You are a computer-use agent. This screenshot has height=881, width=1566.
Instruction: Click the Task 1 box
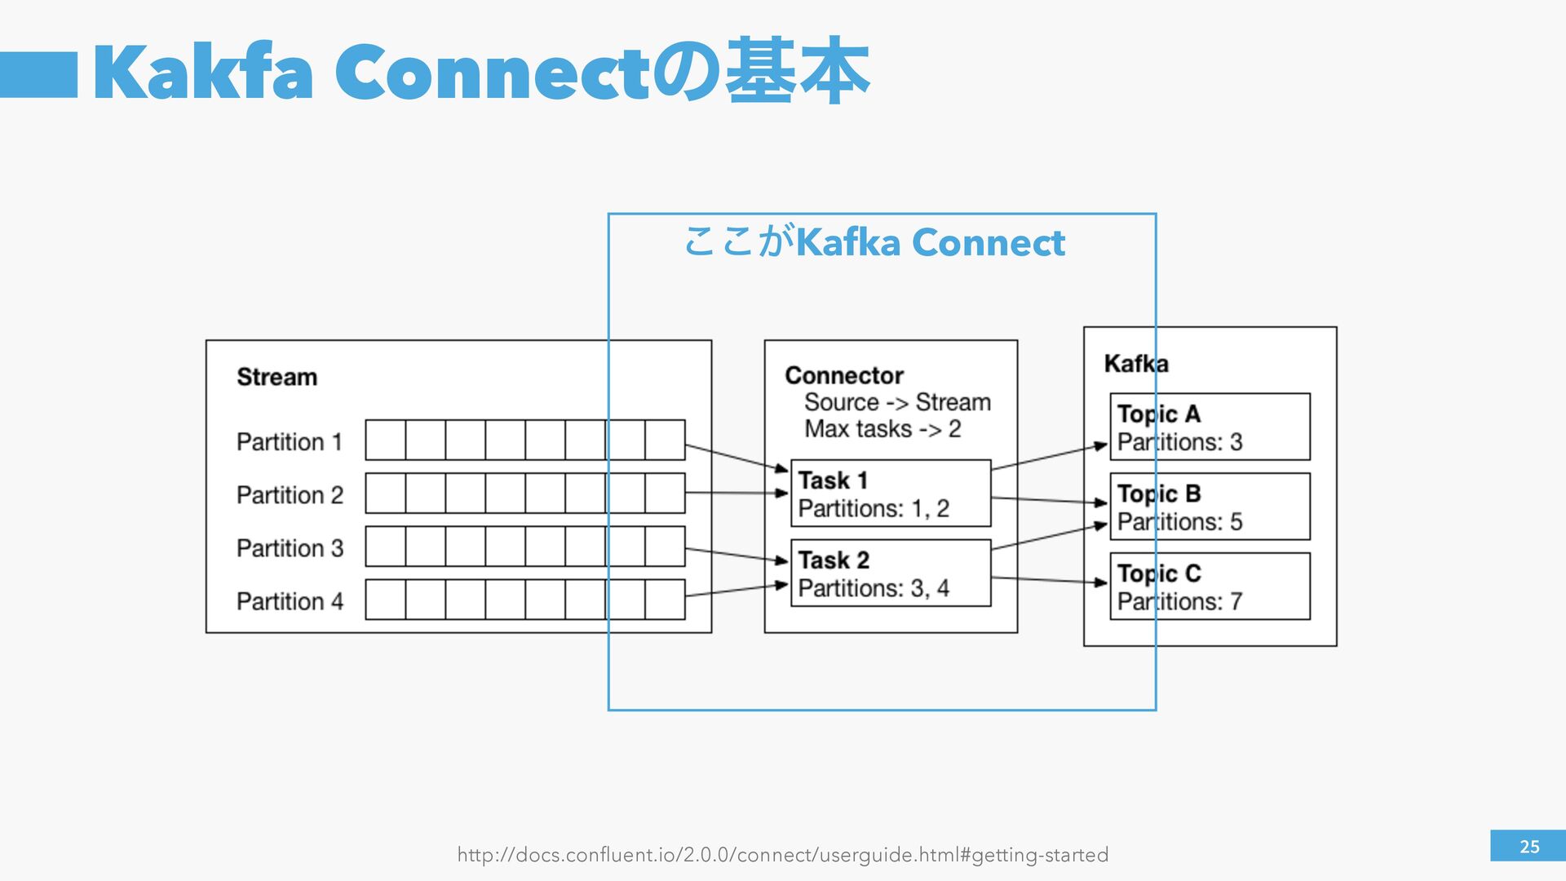(891, 494)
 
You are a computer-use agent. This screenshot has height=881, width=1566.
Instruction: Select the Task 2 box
(891, 573)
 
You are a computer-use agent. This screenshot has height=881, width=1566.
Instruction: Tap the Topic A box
(1210, 427)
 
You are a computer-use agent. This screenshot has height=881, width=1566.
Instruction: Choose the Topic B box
(1210, 507)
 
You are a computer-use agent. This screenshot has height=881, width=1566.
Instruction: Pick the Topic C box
(1210, 587)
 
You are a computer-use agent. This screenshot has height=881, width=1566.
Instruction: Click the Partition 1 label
(290, 442)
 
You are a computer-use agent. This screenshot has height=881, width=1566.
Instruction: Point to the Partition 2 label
(290, 495)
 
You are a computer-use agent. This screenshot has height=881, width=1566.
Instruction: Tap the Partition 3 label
(290, 548)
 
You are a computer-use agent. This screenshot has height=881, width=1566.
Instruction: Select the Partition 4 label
(290, 602)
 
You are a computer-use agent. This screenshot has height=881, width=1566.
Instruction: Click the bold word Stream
(276, 378)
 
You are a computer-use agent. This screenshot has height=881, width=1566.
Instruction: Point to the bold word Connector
(844, 376)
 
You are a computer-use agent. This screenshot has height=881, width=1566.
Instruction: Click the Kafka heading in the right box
(1135, 364)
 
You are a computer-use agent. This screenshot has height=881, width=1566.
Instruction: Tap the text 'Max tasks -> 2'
(883, 429)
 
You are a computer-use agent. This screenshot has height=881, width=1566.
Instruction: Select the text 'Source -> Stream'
(897, 403)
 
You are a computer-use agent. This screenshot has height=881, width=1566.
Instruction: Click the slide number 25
(1528, 847)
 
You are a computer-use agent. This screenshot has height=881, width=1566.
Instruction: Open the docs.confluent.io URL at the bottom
(782, 855)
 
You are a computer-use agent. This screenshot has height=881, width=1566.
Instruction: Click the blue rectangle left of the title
(38, 75)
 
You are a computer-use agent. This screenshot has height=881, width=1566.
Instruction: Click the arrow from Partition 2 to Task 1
(737, 493)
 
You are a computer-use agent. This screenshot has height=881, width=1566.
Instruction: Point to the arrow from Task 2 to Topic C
(1049, 580)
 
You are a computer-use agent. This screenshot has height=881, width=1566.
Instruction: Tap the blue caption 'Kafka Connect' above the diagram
(930, 243)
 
